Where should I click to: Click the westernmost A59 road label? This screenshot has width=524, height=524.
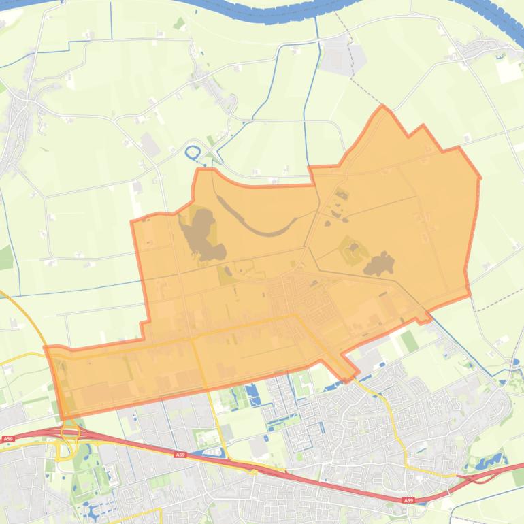8,439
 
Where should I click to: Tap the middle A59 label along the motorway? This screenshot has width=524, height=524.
180,455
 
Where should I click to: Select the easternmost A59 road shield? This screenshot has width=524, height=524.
408,500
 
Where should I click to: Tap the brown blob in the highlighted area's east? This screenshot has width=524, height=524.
379,263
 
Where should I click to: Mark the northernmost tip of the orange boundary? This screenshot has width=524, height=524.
382,106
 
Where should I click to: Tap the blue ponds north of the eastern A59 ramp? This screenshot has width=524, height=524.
490,463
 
